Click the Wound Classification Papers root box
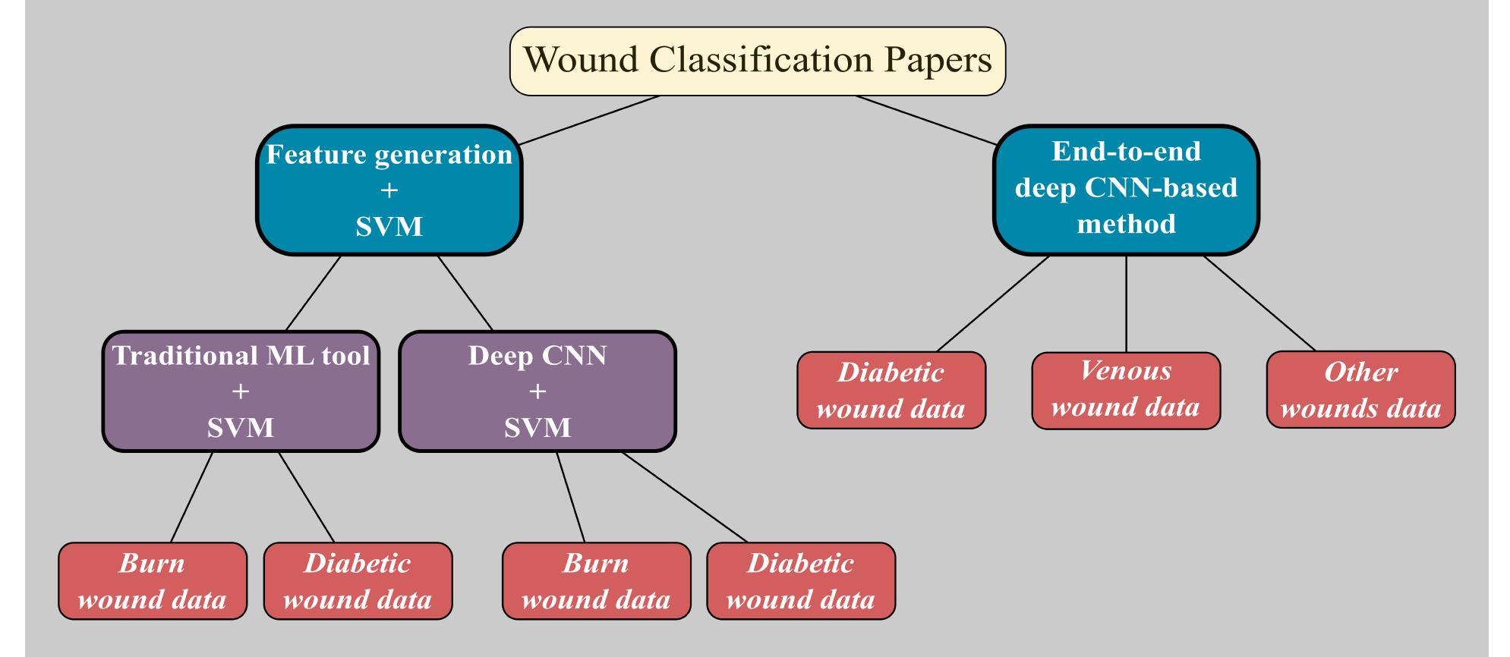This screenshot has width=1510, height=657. pos(757,61)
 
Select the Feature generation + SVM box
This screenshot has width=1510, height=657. pos(389,190)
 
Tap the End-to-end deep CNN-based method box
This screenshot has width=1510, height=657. pos(1126,189)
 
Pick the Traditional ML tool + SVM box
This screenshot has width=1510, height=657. pos(241,391)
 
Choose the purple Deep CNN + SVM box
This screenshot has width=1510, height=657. pos(537,391)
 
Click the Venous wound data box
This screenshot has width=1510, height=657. pos(1126,390)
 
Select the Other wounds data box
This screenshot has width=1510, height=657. pos(1360,390)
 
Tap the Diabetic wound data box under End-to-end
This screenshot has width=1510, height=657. pos(891,391)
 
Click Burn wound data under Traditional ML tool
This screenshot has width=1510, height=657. pos(153,581)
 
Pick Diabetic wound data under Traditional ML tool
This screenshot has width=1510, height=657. pos(358,581)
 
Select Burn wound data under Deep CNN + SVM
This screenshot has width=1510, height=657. pos(596,581)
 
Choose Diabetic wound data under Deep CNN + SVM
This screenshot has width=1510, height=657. pos(801,581)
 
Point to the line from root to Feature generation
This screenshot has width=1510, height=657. pos(589,120)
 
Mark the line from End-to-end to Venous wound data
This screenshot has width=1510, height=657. pos(1126,303)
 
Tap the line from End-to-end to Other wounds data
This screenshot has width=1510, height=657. pos(1260,303)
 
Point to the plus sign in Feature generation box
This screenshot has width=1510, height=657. pos(389,190)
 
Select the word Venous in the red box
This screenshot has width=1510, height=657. pos(1126,371)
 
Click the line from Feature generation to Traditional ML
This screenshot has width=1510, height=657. pos(313,293)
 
